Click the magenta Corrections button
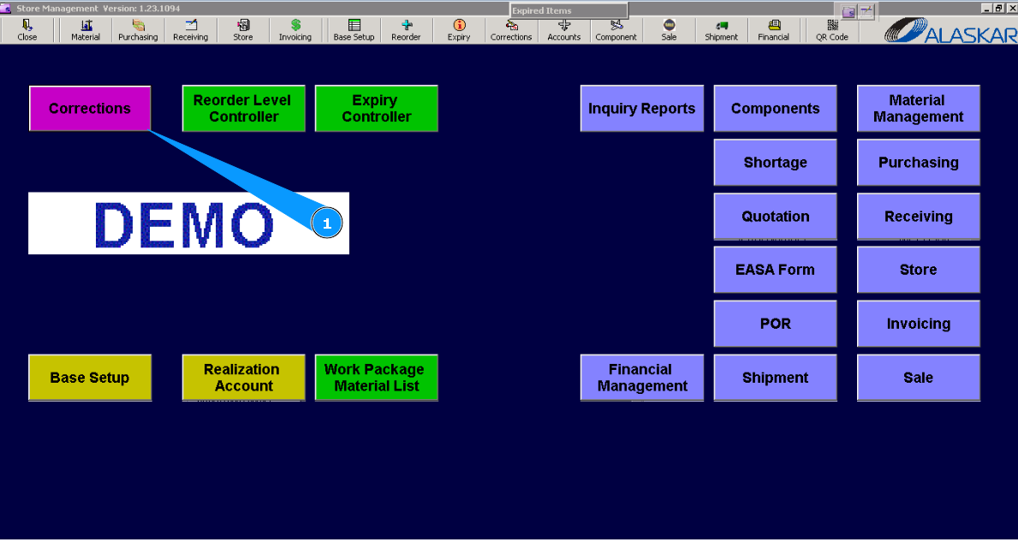(x=90, y=109)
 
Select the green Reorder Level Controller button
(x=243, y=109)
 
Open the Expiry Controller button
(x=377, y=109)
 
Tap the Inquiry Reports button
(x=642, y=109)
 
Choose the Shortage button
(x=775, y=163)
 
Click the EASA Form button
(x=775, y=270)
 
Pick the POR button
(x=775, y=324)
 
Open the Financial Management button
(x=642, y=377)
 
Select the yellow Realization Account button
(x=243, y=377)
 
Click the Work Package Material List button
(x=377, y=377)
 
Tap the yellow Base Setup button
(x=90, y=377)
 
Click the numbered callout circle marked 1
(x=326, y=223)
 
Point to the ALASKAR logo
(x=950, y=30)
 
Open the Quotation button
(x=775, y=216)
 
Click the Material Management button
(x=919, y=109)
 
